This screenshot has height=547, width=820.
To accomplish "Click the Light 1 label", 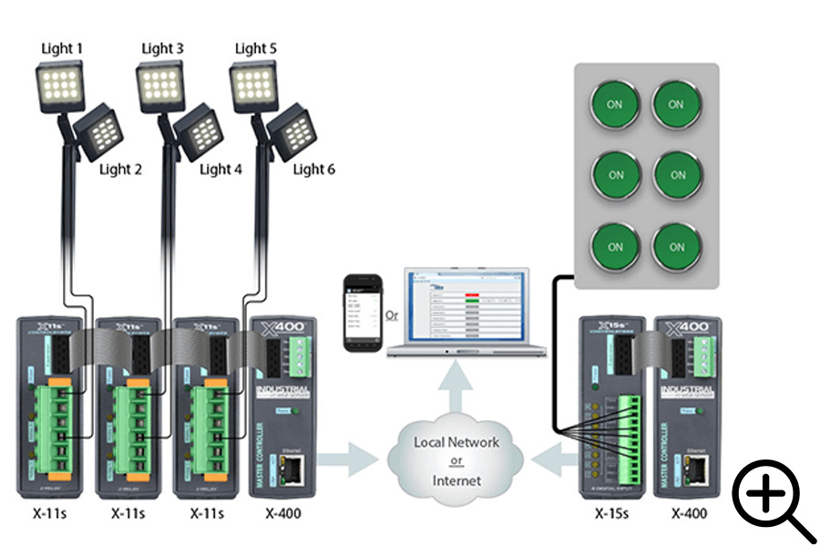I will tap(62, 47).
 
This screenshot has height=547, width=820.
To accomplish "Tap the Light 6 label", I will tap(313, 169).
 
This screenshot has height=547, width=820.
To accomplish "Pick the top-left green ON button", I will tap(615, 105).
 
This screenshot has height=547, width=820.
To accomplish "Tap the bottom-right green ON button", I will tap(676, 246).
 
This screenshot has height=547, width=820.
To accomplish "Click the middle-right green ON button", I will tap(676, 175).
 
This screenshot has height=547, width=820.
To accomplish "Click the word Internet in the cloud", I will tap(456, 479).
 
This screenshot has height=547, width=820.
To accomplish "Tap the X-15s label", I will tap(614, 513).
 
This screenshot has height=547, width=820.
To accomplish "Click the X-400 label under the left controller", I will tap(282, 513).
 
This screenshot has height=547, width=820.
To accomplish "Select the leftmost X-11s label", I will tap(53, 513).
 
